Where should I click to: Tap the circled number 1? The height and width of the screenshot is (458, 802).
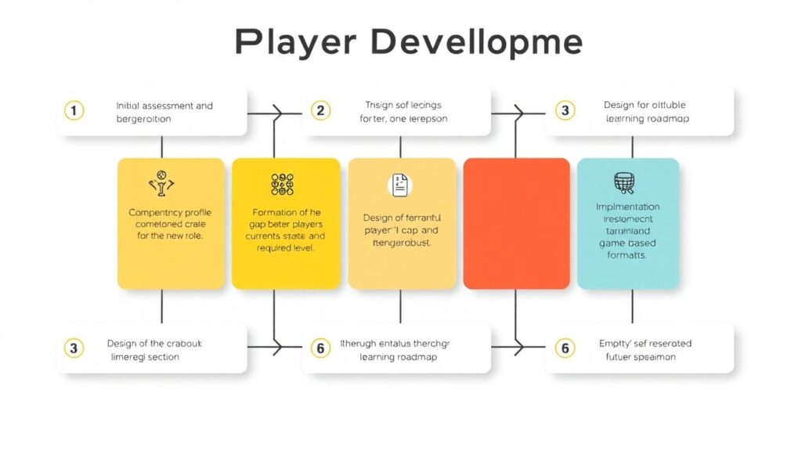coord(74,111)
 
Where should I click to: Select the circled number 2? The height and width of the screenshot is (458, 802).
coord(320,110)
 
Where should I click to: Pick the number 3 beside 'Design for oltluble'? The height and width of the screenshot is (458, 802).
coord(565,110)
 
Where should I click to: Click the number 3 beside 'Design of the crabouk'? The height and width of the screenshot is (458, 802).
coord(74,348)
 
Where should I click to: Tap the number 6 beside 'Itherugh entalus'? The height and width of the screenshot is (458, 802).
coord(320,348)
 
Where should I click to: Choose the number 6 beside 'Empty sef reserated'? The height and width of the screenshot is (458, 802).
coord(564,348)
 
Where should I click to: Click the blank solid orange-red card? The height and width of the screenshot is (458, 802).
coord(516,223)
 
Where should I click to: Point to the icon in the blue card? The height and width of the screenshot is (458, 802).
coord(623,182)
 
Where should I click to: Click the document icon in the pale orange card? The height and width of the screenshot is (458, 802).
coord(400,186)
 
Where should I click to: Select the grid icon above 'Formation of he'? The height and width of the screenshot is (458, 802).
coord(282,184)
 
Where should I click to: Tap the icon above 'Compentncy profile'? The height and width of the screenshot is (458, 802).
coord(161,185)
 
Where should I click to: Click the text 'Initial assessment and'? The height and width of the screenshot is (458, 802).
coord(164,106)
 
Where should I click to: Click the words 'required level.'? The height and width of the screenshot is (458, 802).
coord(285,248)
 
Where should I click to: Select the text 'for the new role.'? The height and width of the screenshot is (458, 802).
coord(170,236)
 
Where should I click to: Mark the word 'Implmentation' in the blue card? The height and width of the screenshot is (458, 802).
coord(627,207)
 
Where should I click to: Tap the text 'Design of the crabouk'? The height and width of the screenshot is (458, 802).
coord(154,344)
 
